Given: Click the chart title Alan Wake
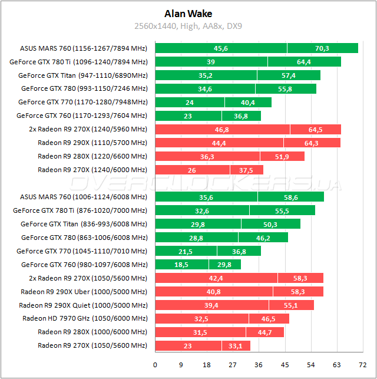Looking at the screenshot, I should pos(188,13).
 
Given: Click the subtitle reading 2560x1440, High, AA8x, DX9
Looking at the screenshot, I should pos(188,26).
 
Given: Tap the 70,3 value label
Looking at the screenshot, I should pos(322,48).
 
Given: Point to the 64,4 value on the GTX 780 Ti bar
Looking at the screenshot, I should pos(304,62).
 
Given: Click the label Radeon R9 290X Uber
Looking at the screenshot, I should pos(84,292).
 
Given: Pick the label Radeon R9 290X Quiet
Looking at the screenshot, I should pos(83,305).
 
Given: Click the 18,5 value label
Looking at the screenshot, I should pos(181,265).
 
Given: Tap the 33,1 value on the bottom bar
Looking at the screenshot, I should pos(236,346).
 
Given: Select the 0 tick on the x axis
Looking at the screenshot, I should pos(155,364).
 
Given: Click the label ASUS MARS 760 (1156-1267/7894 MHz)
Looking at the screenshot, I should pos(84,48).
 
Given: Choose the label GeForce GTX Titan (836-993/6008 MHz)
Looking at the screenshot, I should pos(84,224).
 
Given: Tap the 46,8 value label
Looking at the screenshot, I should pos(222,129).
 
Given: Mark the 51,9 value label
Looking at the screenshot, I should pos(282,156).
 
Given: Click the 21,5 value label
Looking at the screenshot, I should pos(186,251).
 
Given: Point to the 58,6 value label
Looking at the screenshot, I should pos(290,197).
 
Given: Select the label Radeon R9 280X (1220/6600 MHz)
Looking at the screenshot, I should pos(92,156).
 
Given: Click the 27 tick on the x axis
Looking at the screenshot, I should pos(233,364).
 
